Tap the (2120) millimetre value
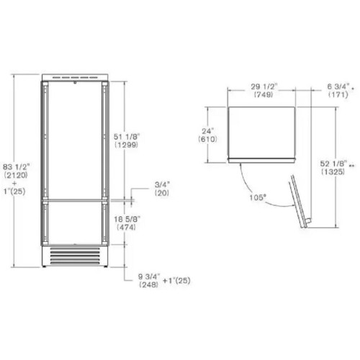(16, 175)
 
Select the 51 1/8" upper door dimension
(127, 137)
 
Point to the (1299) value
(127, 145)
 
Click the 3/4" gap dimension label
(162, 185)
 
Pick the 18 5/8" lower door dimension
(127, 219)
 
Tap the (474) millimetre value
(126, 227)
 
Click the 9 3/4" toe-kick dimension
(148, 276)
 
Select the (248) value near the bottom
(148, 284)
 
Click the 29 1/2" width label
(264, 86)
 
